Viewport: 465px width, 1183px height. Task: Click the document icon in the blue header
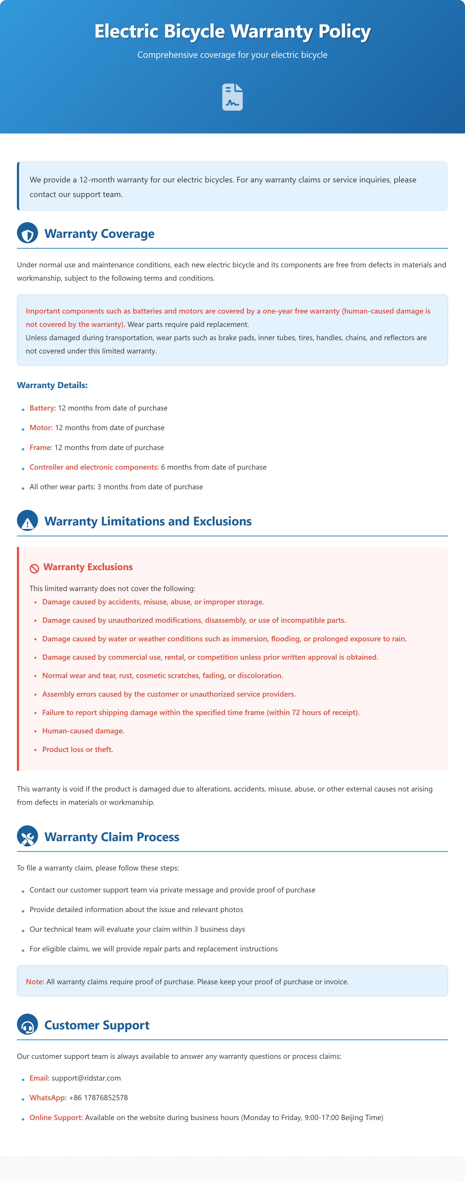pos(232,97)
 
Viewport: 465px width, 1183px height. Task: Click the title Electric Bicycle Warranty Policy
pos(232,31)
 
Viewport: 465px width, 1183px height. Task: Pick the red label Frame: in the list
pos(41,447)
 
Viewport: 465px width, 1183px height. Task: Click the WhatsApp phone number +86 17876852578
pos(98,1098)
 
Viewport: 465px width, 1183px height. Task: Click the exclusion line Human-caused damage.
pos(83,731)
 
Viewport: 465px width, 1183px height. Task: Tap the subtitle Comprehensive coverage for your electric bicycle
pos(232,55)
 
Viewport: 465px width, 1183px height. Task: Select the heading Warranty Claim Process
pos(112,837)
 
